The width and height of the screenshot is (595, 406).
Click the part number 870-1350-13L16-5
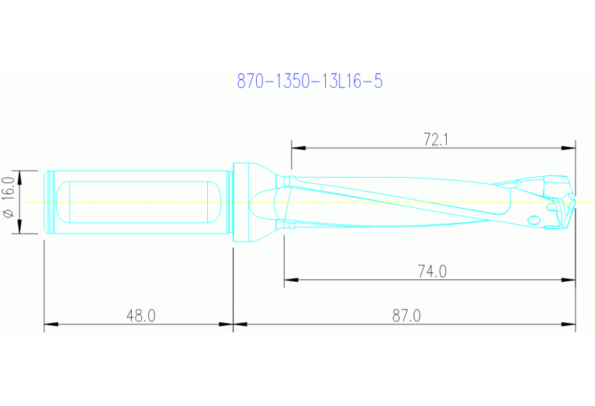(x=310, y=81)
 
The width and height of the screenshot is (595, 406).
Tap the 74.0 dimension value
(x=432, y=271)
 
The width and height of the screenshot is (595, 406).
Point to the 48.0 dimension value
(x=140, y=316)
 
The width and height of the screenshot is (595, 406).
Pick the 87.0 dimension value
(x=406, y=316)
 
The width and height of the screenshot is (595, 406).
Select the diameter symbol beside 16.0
(x=9, y=213)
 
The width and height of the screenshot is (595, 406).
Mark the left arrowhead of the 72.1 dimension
(x=296, y=147)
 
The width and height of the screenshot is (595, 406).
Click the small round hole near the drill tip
(x=533, y=220)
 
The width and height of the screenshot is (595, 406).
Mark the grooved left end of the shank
(x=51, y=202)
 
